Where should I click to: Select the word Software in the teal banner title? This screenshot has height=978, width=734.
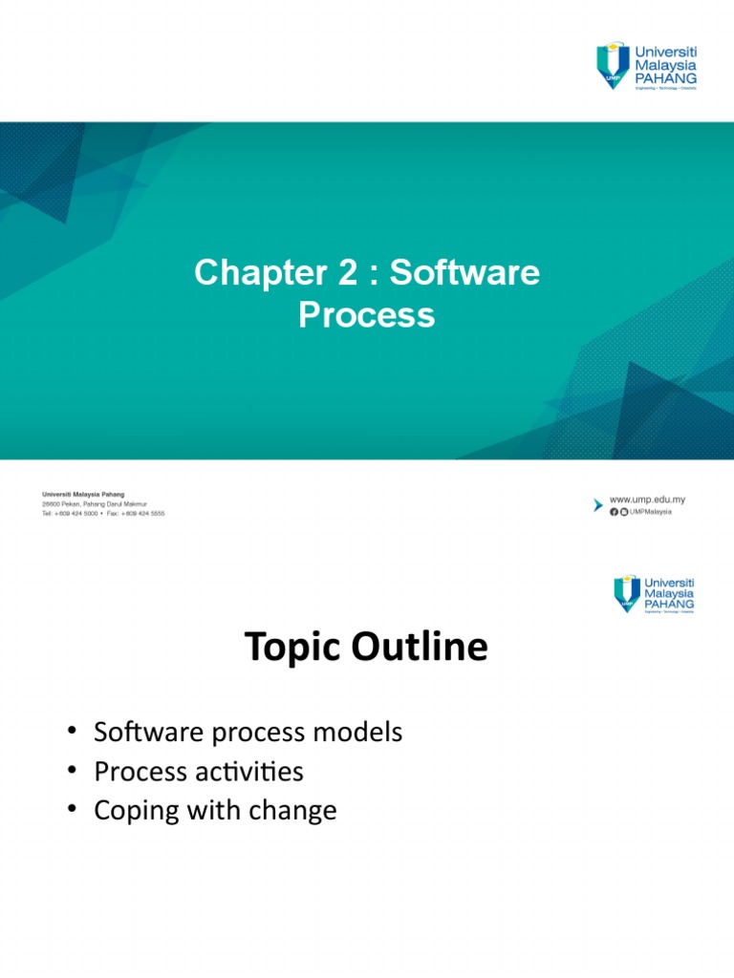pyautogui.click(x=464, y=274)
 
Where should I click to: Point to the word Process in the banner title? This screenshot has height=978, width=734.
pyautogui.click(x=366, y=315)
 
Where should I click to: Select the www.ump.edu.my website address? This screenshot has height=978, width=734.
pyautogui.click(x=647, y=500)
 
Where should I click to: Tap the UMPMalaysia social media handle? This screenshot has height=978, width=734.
pyautogui.click(x=651, y=512)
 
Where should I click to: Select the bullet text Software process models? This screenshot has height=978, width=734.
pyautogui.click(x=248, y=733)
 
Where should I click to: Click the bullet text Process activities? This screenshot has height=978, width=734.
pyautogui.click(x=198, y=772)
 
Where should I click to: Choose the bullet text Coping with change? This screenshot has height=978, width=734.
pyautogui.click(x=215, y=811)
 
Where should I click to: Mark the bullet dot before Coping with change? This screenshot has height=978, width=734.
pyautogui.click(x=72, y=811)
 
